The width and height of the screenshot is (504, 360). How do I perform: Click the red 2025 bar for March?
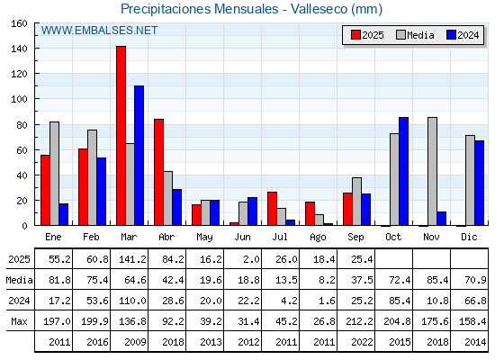coord(121,136)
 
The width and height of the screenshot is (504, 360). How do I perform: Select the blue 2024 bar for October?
coord(403,171)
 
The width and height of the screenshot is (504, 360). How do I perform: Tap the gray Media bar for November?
coord(432,171)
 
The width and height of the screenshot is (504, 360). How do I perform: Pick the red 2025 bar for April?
coord(158,172)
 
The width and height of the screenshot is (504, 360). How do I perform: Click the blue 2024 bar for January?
coord(63,214)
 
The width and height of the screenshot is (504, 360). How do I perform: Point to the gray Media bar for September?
coord(356,202)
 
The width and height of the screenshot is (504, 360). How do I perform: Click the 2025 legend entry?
coord(367,35)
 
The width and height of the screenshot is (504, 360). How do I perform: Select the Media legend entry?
coord(415,35)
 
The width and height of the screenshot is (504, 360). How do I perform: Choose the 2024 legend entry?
coord(463,35)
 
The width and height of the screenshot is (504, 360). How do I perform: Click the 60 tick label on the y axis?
coord(22,150)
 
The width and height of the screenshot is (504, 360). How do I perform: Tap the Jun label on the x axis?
coord(242,238)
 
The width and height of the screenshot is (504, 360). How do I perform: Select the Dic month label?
coord(469,237)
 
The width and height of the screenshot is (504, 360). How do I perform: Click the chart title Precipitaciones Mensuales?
coord(199,9)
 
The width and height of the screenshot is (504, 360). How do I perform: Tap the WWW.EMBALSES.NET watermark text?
coord(99,31)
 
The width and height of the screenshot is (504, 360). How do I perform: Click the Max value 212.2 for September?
coord(359,321)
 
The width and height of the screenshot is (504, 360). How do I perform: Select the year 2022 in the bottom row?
coord(362,342)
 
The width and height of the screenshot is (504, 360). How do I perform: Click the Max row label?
coord(19,321)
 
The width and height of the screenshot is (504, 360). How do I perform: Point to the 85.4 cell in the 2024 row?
coord(400,301)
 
